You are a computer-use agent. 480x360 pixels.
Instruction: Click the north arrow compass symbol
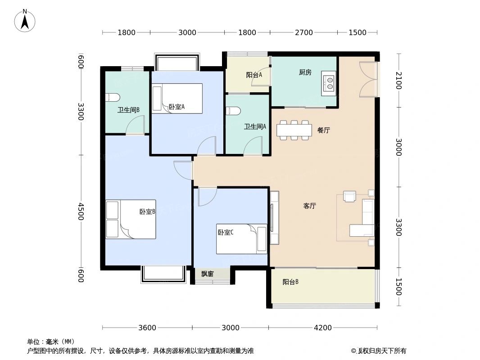coord(25,21)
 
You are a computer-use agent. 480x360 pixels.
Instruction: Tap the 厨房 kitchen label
coord(305,72)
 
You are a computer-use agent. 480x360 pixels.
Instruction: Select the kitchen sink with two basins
coord(329,83)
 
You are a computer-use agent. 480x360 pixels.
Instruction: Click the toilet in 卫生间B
coord(112,98)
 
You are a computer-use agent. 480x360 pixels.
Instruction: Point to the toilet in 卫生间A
coord(232,111)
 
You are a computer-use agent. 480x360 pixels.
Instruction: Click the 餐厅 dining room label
coord(323,130)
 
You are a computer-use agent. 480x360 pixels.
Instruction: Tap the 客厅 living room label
coord(309,206)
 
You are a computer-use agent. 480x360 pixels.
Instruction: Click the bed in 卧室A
coord(177,99)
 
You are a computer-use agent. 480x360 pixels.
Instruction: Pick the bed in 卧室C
coord(242,239)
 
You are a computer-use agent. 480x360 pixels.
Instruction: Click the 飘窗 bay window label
coord(207,274)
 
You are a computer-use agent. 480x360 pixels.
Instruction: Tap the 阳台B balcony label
coord(290,282)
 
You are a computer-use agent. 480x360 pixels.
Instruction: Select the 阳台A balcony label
coord(254,75)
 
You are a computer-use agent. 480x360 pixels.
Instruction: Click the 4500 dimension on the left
coord(81,211)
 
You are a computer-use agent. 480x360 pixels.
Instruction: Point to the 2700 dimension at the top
coord(304,32)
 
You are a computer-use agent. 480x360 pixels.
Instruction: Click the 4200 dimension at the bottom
coord(322,328)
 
